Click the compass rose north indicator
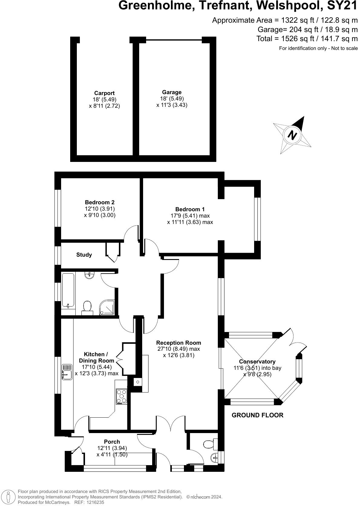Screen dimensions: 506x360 [292, 135]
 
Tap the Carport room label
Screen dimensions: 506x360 [104, 93]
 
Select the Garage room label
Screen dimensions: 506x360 [172, 92]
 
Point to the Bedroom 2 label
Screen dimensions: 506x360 [100, 202]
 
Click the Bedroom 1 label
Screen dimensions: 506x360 [190, 209]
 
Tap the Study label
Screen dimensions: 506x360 [84, 255]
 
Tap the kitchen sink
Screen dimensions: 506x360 [67, 372]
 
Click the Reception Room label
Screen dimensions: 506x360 [178, 343]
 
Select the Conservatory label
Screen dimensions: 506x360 [257, 362]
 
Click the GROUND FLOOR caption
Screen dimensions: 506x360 [257, 415]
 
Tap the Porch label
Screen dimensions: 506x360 [112, 442]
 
